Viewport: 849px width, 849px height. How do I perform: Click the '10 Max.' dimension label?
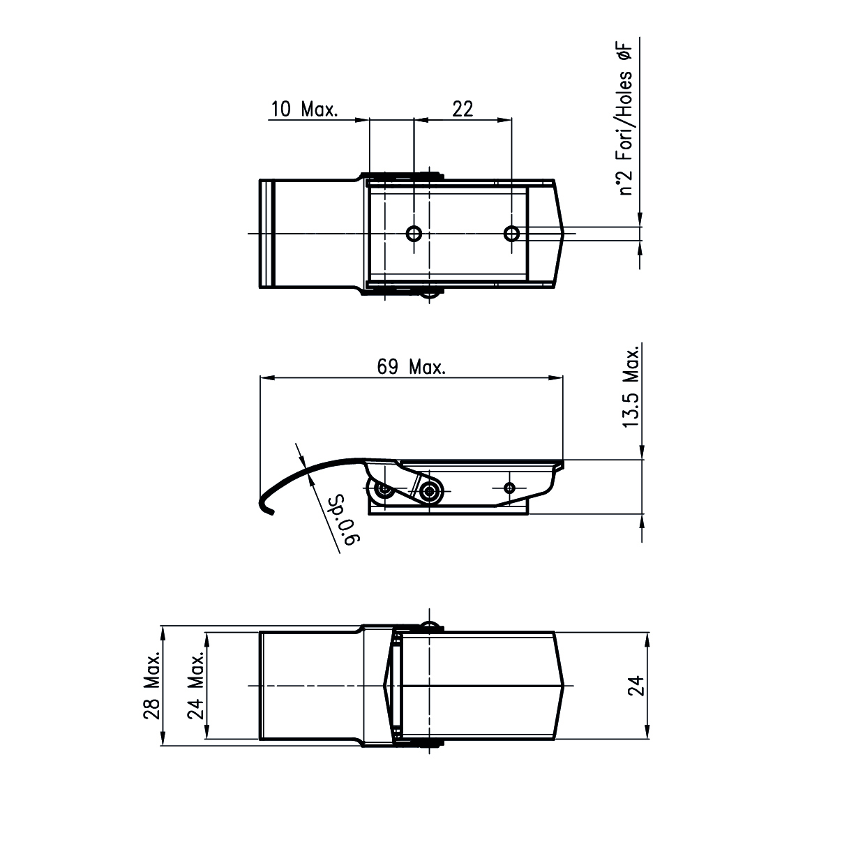(304, 109)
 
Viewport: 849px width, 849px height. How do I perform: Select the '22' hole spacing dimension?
(463, 109)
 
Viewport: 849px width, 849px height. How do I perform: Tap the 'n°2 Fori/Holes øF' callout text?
(625, 119)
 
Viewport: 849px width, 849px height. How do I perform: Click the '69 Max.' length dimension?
(411, 366)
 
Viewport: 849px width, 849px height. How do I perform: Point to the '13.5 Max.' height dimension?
(631, 387)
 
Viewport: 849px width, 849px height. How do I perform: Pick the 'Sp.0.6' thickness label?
(346, 520)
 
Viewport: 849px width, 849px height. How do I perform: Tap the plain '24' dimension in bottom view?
(636, 686)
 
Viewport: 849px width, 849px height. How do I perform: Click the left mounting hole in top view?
(414, 233)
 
